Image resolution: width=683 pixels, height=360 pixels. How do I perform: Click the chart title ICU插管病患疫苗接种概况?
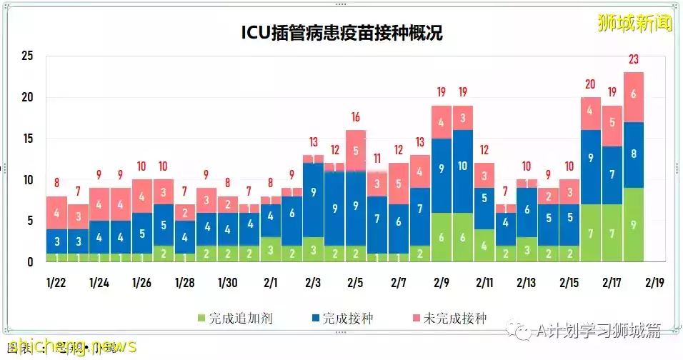pos(341,33)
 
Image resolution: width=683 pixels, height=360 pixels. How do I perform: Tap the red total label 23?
pos(634,59)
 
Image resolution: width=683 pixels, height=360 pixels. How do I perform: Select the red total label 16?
pos(356,117)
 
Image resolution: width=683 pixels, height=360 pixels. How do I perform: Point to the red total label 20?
pos(590,84)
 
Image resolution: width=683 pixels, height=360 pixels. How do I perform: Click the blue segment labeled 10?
pos(462,166)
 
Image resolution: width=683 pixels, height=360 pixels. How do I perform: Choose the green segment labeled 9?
pos(634,225)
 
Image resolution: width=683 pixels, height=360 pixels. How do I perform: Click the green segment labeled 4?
pos(484,246)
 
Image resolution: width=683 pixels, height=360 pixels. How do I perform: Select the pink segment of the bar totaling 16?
pos(356,151)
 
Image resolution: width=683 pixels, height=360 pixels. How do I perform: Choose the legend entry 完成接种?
pos(341,318)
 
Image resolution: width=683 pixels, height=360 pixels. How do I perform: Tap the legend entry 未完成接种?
pos(448,318)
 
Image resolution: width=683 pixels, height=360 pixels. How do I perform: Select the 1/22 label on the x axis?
pos(56,283)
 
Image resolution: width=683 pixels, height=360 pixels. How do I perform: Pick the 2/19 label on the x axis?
pos(655,283)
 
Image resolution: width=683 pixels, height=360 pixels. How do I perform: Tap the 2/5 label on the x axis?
pos(355,283)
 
